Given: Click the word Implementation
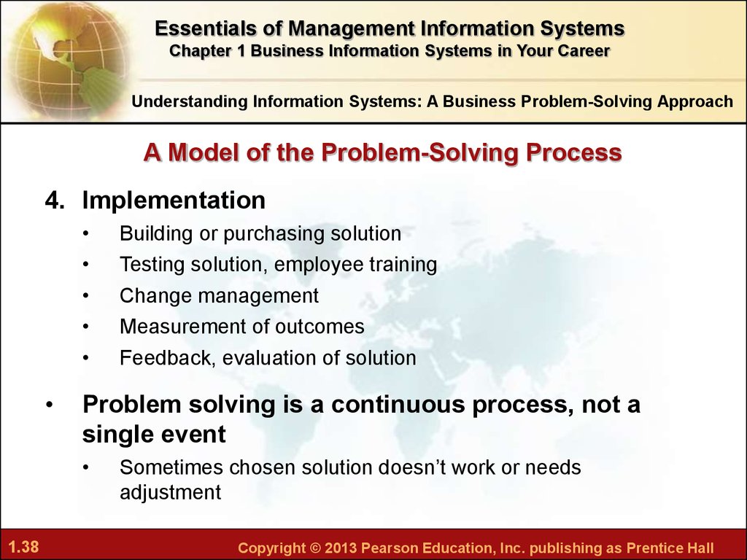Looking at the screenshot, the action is click(174, 200).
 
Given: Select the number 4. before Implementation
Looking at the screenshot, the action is click(54, 200).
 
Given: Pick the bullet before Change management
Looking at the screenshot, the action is click(86, 296).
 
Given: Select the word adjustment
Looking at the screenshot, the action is click(171, 492).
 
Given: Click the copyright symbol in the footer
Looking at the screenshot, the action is click(315, 548).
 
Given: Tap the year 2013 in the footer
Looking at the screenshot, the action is click(340, 548).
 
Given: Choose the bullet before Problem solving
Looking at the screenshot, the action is click(50, 405).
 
